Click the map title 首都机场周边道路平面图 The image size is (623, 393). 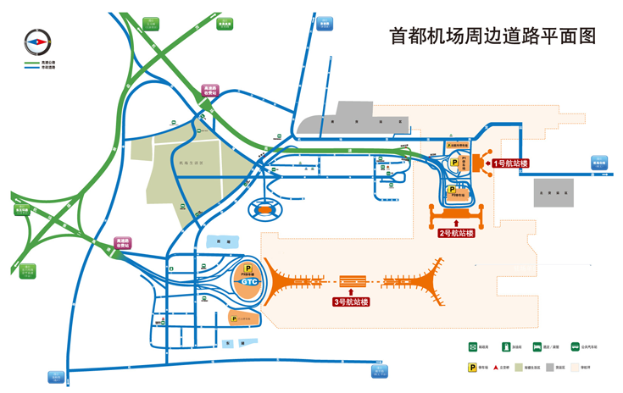(492, 36)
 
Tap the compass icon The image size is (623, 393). (37, 41)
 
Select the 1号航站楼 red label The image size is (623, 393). (511, 163)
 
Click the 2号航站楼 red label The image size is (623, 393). (456, 233)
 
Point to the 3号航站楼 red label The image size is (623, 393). (350, 301)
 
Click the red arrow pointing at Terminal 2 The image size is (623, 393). (456, 223)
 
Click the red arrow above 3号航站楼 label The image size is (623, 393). (350, 291)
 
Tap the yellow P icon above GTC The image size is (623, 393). (248, 268)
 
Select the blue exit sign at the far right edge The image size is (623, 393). (599, 163)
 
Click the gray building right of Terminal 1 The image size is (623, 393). (553, 193)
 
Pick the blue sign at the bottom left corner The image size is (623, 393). (56, 376)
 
